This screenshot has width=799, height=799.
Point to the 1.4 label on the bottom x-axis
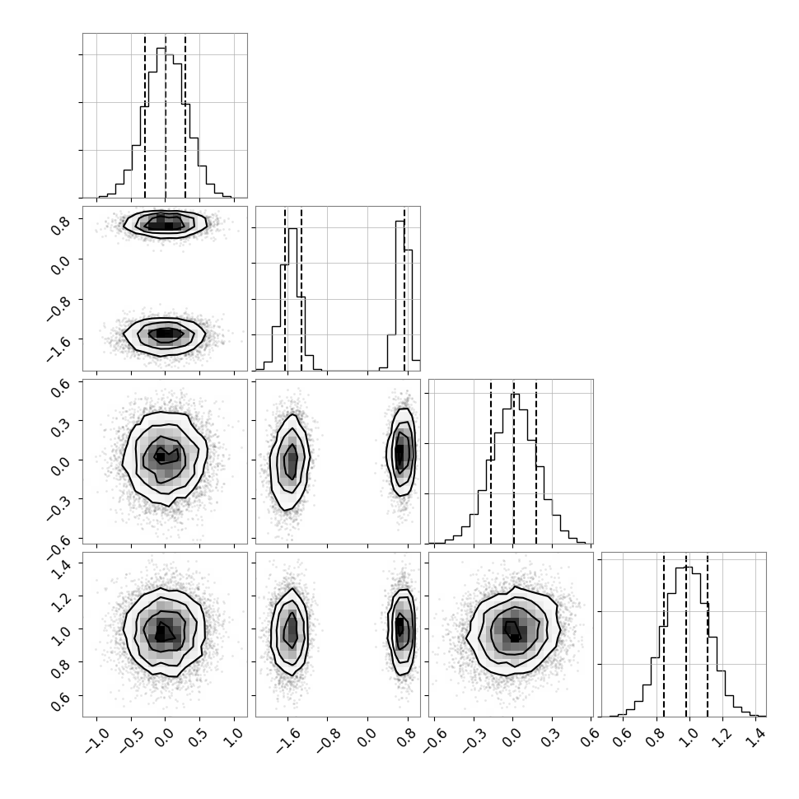(759, 737)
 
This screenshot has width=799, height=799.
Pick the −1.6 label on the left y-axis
(58, 344)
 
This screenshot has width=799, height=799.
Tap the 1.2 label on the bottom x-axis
(723, 737)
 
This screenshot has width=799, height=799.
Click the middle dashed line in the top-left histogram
(166, 115)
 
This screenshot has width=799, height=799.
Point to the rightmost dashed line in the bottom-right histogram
(708, 634)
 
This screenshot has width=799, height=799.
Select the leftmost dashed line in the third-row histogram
(491, 461)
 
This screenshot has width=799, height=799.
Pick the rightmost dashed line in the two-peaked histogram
(404, 288)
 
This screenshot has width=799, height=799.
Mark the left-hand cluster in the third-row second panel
(290, 461)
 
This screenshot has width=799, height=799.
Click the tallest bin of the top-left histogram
(161, 122)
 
